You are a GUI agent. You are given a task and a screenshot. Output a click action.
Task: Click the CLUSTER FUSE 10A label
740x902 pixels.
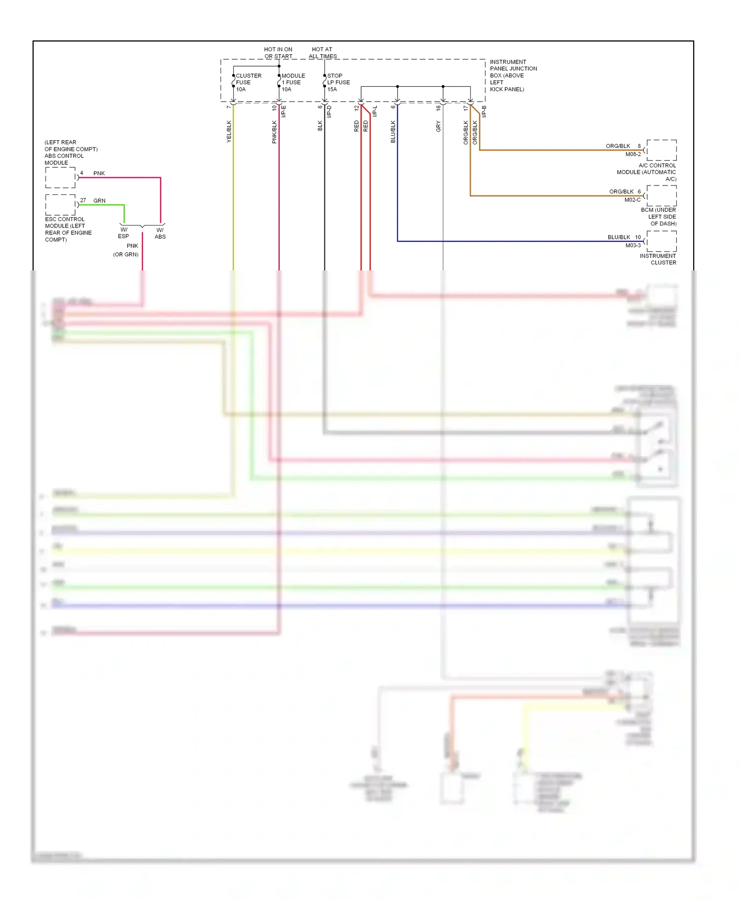click(248, 82)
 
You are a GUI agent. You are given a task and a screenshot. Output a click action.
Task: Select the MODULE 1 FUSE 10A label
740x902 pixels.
click(293, 82)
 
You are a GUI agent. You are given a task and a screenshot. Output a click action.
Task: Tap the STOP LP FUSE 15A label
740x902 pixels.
click(338, 82)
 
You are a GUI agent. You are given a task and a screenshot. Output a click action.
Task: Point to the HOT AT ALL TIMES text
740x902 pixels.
click(323, 53)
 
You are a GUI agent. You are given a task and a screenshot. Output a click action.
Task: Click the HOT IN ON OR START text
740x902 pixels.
click(278, 53)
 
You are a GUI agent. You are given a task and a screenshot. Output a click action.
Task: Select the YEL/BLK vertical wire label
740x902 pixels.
click(229, 132)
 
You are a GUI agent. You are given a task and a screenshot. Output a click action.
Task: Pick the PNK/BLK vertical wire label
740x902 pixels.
click(274, 132)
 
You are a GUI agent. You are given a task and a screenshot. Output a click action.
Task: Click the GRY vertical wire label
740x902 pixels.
click(438, 126)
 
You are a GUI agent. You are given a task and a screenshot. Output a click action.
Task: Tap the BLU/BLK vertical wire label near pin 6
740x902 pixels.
click(393, 132)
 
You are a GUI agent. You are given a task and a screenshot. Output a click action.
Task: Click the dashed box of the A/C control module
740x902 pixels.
click(662, 150)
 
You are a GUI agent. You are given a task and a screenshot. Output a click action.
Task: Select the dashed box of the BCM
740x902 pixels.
click(662, 196)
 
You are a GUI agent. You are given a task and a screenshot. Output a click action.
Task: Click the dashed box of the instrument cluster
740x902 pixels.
click(662, 241)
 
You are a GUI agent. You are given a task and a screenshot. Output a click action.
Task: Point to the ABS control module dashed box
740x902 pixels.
click(60, 178)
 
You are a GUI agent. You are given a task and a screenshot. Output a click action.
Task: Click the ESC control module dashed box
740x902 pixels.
click(60, 205)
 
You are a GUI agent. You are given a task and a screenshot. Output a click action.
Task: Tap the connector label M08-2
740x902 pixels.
click(633, 154)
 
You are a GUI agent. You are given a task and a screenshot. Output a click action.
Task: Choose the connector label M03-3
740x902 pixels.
click(633, 246)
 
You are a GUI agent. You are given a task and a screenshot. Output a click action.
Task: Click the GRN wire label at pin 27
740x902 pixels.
click(99, 201)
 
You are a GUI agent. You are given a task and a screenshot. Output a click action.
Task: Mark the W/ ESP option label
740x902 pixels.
click(123, 233)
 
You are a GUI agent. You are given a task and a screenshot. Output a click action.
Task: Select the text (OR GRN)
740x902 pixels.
click(125, 255)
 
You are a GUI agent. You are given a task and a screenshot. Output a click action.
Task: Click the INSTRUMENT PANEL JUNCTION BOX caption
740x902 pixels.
click(513, 75)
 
